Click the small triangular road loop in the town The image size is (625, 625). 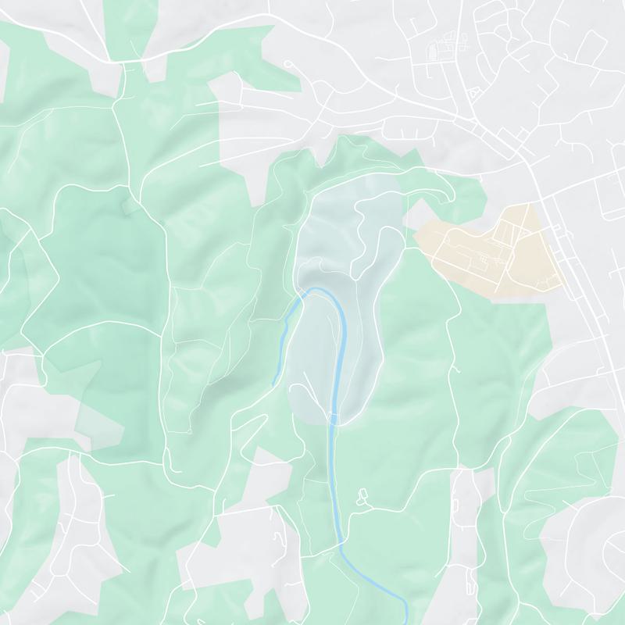coord(471,93)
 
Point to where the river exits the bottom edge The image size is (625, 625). coord(407,621)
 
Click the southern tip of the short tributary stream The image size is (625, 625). coord(273,384)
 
